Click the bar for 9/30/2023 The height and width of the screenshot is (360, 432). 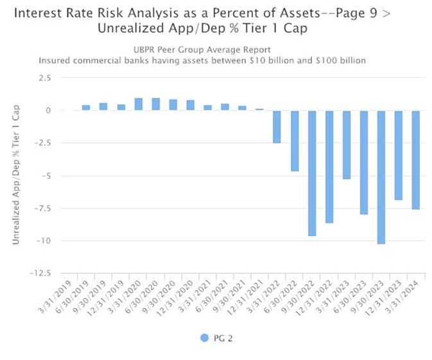tap(381, 177)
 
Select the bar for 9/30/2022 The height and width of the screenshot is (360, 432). tap(312, 173)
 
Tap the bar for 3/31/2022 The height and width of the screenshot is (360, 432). tap(277, 126)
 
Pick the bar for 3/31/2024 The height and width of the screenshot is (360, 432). tap(416, 160)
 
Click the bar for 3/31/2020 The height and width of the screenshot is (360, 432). tap(138, 105)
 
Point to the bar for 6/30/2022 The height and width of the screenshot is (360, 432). tap(295, 141)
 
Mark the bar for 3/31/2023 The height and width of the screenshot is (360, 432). tap(347, 144)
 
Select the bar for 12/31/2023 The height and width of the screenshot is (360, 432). tap(399, 155)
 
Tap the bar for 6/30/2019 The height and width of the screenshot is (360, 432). tap(86, 108)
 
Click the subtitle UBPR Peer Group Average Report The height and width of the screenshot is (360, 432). tap(202, 49)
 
